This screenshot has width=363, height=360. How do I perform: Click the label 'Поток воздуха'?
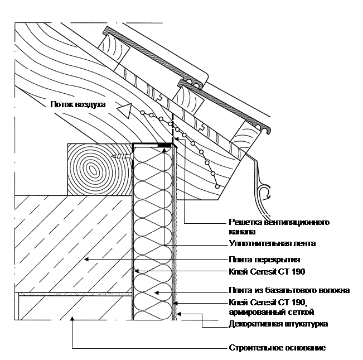tap(78, 104)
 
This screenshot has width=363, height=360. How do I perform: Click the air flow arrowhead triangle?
tap(125, 111)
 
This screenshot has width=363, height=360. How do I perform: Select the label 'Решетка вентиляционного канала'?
tap(279, 227)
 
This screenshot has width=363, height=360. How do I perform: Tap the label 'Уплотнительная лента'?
tap(272, 243)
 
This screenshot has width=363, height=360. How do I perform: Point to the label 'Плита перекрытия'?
tap(264, 260)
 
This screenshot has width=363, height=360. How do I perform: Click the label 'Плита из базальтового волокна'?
tap(289, 290)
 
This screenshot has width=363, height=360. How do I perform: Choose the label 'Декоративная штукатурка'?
tap(278, 324)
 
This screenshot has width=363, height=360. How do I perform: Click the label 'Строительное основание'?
tap(277, 348)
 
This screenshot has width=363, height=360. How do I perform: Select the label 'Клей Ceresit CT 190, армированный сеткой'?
tap(272, 307)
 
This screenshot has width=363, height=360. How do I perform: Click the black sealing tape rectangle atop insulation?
tap(164, 145)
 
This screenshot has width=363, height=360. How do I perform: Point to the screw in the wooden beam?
tap(122, 156)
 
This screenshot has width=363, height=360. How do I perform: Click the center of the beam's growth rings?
tap(93, 170)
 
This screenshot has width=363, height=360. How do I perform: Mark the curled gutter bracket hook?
tap(265, 191)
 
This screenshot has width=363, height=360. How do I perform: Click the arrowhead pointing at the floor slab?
tap(86, 260)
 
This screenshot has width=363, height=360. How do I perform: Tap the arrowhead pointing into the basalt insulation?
tap(157, 293)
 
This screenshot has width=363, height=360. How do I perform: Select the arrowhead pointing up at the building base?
tap(72, 320)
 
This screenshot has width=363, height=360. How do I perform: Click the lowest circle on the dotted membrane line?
tap(217, 186)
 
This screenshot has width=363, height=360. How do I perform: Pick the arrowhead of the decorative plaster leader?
tap(179, 314)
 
